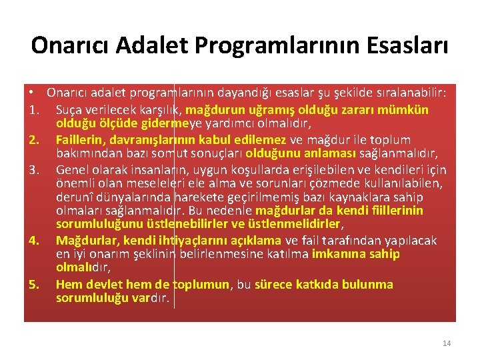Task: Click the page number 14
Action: click(446, 343)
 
